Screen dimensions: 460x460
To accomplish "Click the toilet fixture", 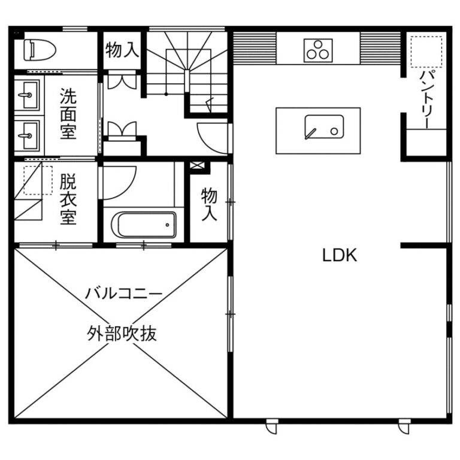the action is [40, 50].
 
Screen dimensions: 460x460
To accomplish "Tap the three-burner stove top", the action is [318, 50].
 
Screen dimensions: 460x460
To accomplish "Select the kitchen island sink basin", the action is [324, 127].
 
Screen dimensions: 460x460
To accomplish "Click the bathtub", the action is [144, 225].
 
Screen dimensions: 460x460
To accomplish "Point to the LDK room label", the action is [340, 255].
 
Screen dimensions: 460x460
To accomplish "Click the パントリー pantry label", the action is [426, 99].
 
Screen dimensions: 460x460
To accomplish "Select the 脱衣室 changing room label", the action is [68, 199].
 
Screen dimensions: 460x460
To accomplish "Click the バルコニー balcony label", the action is [123, 293].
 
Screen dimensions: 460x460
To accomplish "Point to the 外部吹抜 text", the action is [122, 334].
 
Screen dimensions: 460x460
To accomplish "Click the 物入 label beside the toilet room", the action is [122, 50].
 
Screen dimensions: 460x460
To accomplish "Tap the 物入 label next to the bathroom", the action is [209, 204].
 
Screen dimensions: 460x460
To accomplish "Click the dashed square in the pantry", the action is [426, 52].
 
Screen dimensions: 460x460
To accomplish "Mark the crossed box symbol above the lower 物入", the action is [197, 165].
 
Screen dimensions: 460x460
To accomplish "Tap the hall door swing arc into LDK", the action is [205, 143].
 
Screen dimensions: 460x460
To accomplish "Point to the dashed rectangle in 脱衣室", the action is [38, 180].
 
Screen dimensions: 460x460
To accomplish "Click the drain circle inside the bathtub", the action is [167, 225].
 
